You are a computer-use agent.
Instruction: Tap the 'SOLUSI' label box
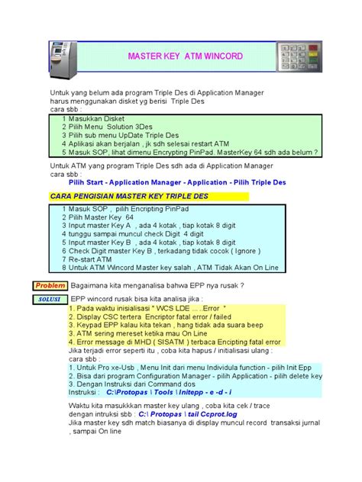point(50,299)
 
